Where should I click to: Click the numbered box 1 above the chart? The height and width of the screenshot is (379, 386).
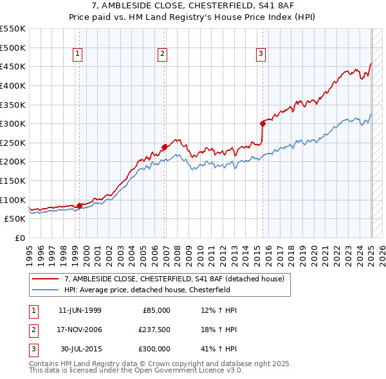pyautogui.click(x=77, y=55)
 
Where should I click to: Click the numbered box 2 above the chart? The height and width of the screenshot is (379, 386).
pyautogui.click(x=162, y=55)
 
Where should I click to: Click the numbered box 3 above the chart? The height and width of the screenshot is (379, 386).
pyautogui.click(x=261, y=55)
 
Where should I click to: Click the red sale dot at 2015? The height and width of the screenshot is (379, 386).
pyautogui.click(x=263, y=123)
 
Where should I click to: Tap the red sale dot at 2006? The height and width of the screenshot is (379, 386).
pyautogui.click(x=165, y=146)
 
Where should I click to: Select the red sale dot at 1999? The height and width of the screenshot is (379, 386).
pyautogui.click(x=79, y=206)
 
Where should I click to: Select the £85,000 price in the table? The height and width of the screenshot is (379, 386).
pyautogui.click(x=155, y=310)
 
